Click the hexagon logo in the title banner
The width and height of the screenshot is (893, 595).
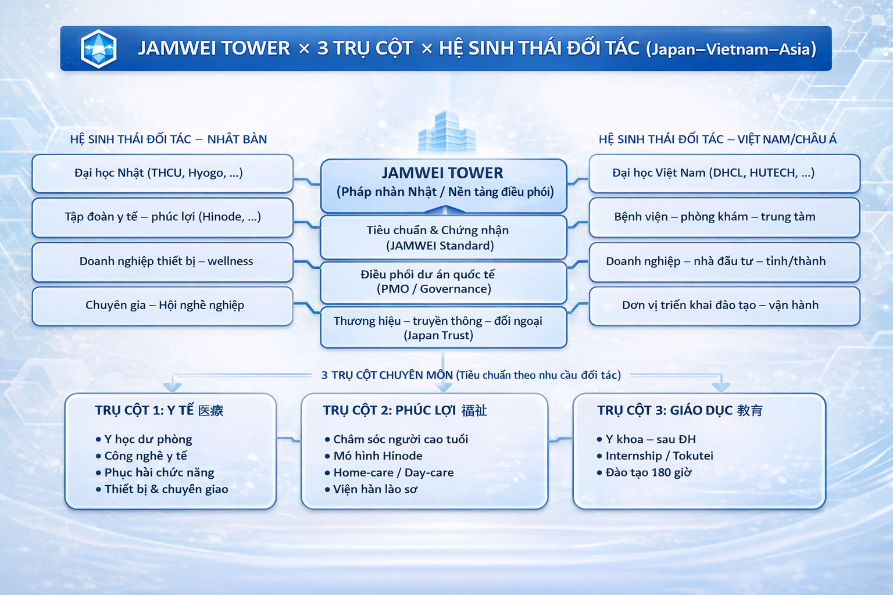98,49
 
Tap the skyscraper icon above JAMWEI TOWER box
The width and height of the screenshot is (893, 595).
446,133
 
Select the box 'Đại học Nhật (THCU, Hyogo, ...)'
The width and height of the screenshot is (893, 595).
163,174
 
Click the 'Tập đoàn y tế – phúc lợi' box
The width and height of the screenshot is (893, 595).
163,217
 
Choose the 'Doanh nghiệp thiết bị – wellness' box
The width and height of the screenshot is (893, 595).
163,262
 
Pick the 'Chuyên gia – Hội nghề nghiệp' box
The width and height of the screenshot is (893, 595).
163,306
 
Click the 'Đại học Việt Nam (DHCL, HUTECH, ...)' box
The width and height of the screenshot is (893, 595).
724,174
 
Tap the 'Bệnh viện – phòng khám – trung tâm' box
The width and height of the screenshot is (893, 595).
724,217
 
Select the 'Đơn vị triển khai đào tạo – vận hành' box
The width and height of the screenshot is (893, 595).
724,306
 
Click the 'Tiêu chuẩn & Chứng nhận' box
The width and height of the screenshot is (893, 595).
444,238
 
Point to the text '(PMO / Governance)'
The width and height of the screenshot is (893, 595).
434,289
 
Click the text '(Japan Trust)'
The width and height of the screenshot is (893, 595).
438,335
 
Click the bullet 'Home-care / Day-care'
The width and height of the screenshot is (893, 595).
389,472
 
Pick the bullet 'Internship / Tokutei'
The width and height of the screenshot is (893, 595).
655,456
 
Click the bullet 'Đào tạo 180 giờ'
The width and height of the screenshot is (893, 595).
644,472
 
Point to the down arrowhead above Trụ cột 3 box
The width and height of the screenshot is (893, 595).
721,386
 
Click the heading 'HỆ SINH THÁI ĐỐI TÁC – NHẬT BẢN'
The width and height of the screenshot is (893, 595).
169,139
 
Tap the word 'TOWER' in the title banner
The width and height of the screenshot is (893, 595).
256,49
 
